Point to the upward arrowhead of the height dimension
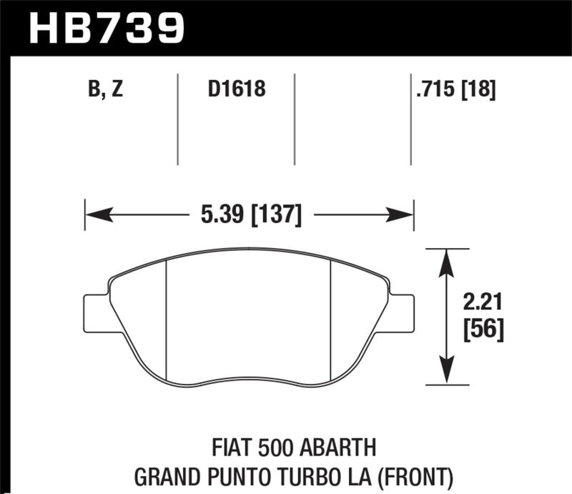(446, 260)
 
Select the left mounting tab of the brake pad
(95, 312)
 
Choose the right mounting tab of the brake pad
(403, 312)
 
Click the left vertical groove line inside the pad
(166, 318)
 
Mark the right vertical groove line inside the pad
(330, 318)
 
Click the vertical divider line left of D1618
(177, 119)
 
